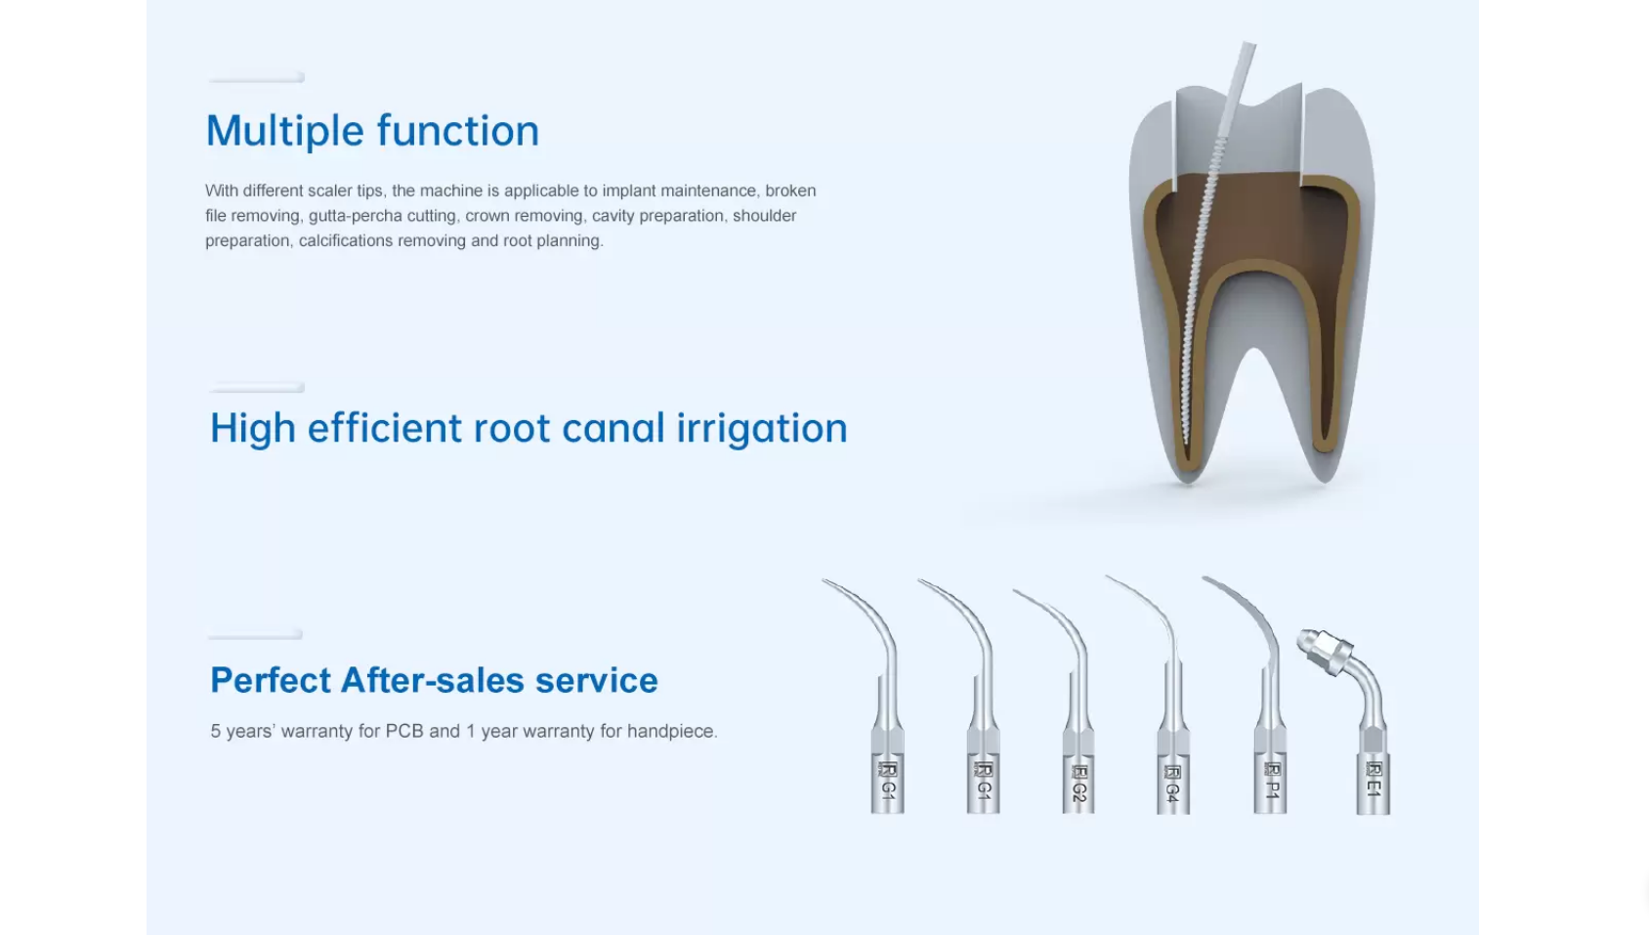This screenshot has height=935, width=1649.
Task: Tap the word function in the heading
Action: tap(458, 130)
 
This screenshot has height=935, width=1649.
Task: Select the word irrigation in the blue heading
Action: tap(762, 429)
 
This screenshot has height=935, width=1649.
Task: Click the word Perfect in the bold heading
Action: tap(271, 680)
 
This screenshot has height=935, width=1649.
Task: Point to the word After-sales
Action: tap(432, 680)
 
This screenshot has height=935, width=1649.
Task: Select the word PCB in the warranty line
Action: tap(404, 731)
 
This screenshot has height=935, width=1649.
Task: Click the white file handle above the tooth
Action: tap(1237, 88)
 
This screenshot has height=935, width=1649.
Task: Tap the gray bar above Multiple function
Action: tap(256, 77)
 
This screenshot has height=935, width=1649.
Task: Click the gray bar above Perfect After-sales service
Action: tap(255, 635)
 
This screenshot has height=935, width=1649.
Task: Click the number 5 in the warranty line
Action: tap(215, 731)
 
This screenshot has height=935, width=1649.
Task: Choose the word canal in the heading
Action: tap(613, 429)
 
